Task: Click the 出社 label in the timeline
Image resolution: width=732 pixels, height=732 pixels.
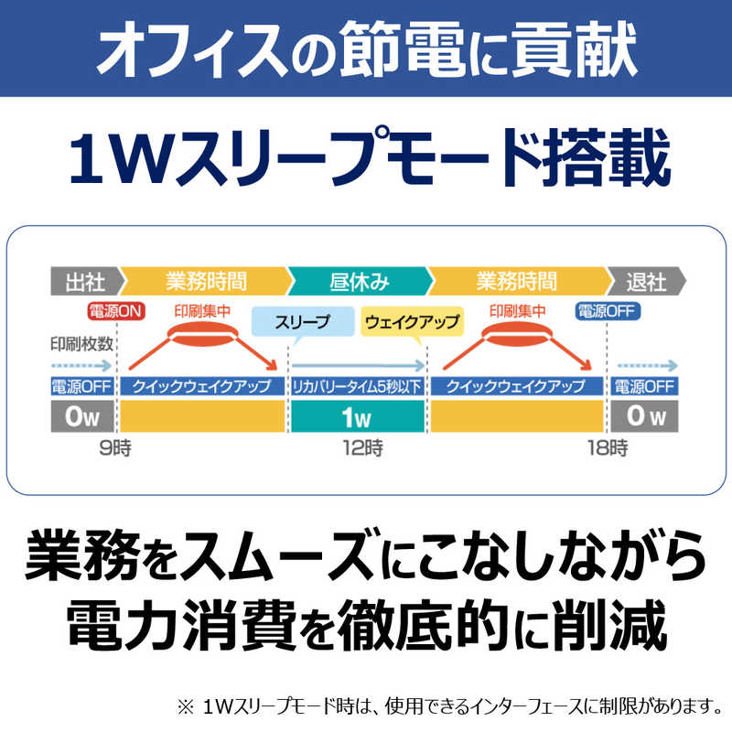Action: click(84, 280)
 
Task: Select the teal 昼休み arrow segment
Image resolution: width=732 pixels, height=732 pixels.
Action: click(358, 280)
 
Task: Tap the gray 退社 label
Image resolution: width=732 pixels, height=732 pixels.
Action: click(647, 280)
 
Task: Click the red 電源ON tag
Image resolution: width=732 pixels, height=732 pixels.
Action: click(116, 311)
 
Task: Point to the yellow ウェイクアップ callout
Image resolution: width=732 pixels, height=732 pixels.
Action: click(412, 322)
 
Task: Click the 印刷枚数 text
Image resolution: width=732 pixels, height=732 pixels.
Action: click(81, 344)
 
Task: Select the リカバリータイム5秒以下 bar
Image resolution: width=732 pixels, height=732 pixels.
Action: click(357, 385)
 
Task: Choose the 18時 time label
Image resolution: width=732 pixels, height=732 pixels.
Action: click(607, 448)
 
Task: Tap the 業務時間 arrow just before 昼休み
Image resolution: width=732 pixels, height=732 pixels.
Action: click(206, 280)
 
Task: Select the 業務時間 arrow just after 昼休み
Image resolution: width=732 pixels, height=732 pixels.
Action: click(515, 280)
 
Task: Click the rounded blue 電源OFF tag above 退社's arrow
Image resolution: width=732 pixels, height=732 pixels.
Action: click(608, 311)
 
